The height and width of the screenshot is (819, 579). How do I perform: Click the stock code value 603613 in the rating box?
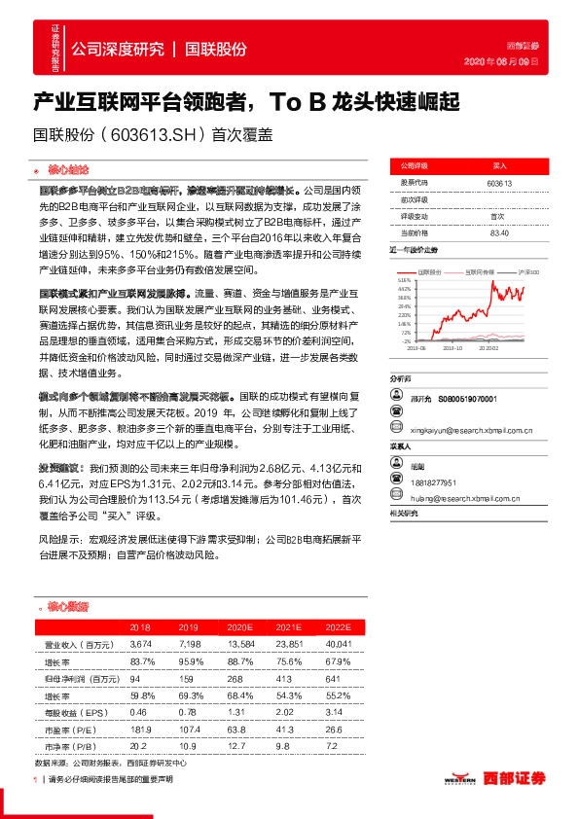(498, 182)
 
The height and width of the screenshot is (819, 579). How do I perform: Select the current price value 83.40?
(498, 232)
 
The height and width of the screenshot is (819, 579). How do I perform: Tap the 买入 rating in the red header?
(498, 165)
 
